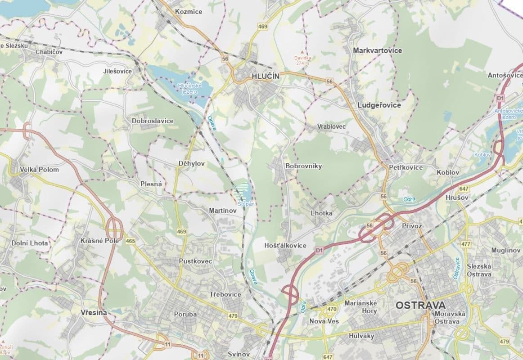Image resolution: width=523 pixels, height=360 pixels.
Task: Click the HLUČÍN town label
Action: pos(265,76)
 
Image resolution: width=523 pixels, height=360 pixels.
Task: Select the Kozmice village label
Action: pos(189,11)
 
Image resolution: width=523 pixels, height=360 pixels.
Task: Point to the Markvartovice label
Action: pos(378,50)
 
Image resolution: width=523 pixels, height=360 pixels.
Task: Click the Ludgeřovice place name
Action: pos(379,105)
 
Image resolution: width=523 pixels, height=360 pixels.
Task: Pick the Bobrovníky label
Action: pos(303,166)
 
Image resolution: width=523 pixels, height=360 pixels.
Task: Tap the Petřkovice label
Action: pos(406,167)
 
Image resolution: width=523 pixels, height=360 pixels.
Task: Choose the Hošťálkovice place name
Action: pos(285,245)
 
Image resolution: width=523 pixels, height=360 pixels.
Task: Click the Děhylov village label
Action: pos(191,164)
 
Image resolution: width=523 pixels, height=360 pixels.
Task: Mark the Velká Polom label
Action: pos(39,170)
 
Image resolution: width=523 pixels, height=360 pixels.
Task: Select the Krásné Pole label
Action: pos(99,241)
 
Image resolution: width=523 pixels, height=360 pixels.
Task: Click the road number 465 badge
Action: pos(131,241)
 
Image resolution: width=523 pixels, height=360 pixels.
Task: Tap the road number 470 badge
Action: pos(332,309)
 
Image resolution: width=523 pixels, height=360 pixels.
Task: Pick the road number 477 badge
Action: pos(465,244)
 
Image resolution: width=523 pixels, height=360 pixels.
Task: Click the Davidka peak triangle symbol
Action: pos(302,52)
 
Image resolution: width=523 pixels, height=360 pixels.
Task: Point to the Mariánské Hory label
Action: pos(360,307)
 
